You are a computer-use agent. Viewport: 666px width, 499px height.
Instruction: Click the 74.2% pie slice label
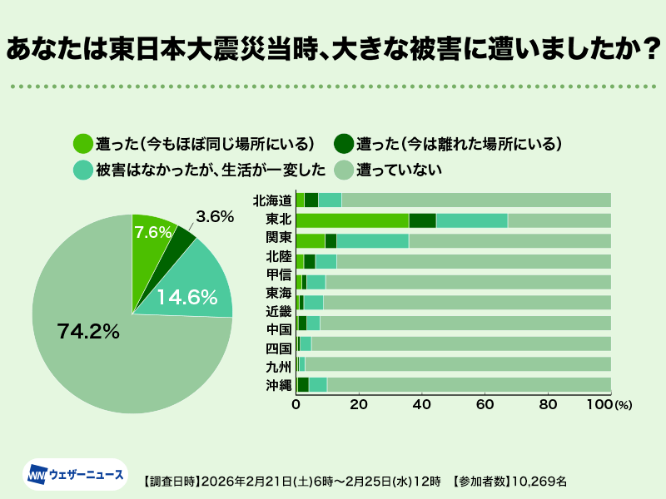(89, 330)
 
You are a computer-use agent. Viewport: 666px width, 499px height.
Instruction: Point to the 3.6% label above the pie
(214, 216)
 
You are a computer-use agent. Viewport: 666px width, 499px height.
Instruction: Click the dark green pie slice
(183, 235)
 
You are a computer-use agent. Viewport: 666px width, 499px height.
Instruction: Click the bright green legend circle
(82, 143)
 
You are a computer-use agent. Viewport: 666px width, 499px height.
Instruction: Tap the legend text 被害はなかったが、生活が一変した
(210, 170)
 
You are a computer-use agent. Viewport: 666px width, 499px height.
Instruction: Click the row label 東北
(278, 220)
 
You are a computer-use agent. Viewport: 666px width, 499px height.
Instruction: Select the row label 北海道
(272, 200)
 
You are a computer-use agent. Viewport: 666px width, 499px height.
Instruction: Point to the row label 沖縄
(278, 384)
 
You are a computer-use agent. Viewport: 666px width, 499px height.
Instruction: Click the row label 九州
(278, 363)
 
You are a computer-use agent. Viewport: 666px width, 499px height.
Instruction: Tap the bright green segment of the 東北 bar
(352, 220)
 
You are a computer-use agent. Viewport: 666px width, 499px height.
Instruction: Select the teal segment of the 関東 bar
(372, 240)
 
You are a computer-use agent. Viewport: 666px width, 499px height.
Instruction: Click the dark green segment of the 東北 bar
(422, 220)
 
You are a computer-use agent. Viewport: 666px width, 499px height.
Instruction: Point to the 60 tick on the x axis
(485, 405)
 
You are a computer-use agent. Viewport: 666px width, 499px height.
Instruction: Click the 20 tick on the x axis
(359, 405)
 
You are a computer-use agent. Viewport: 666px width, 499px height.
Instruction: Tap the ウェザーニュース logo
(76, 475)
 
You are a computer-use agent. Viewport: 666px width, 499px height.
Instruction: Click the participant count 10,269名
(539, 481)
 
